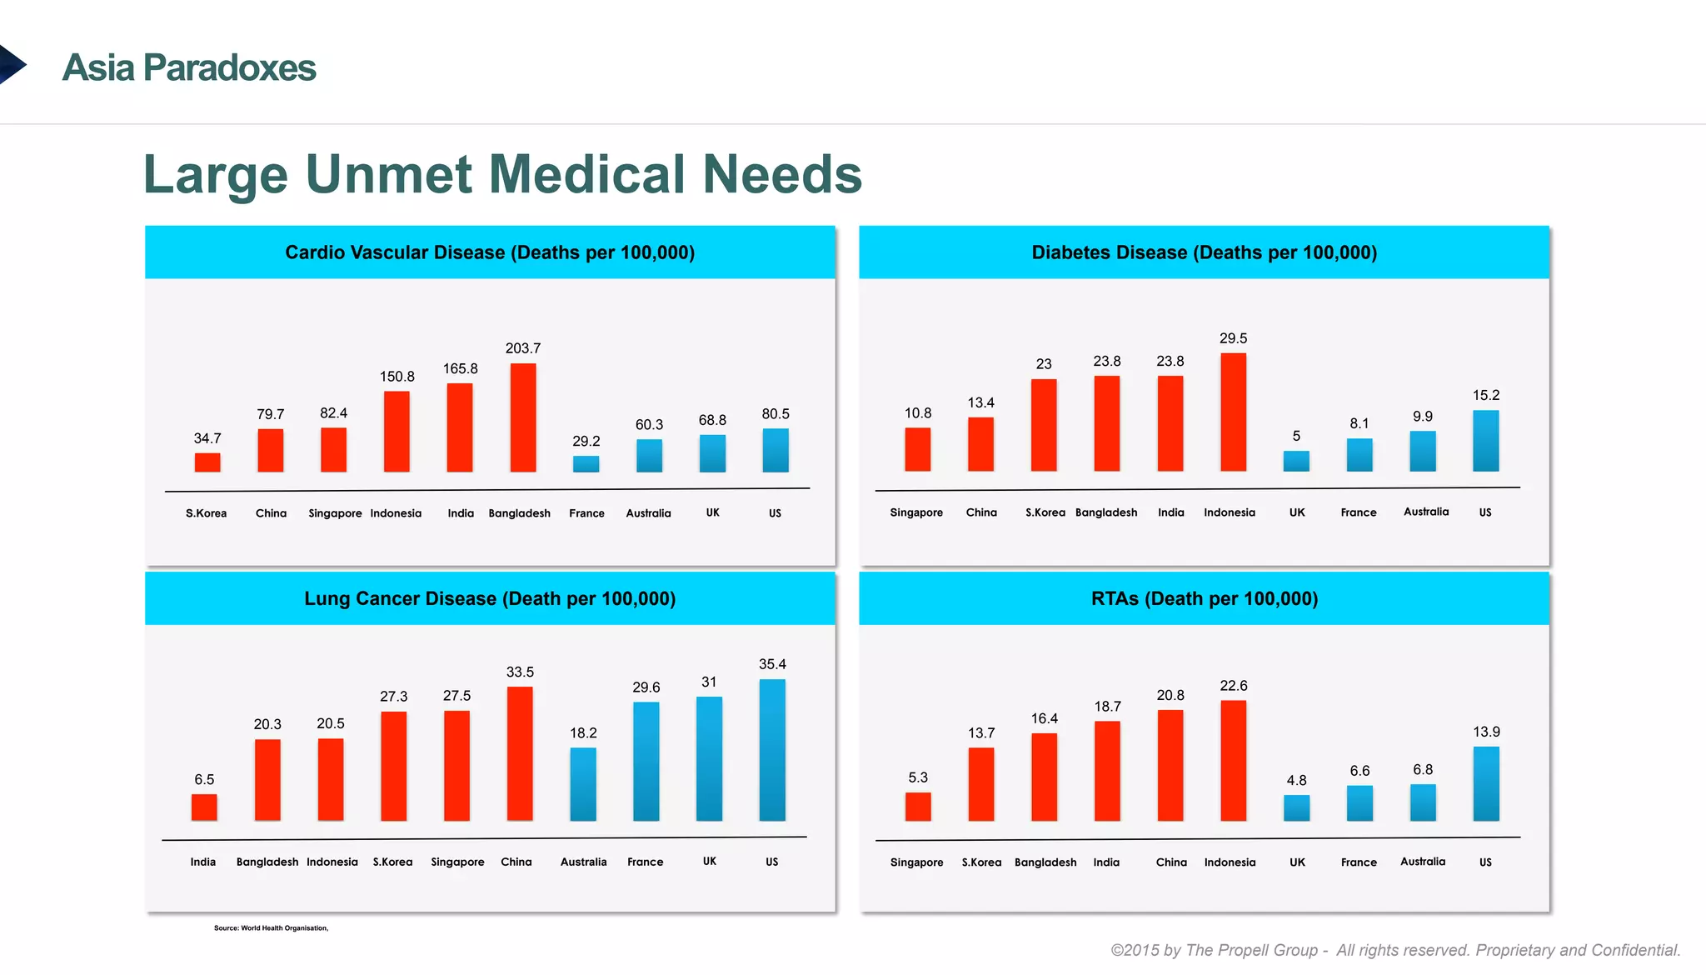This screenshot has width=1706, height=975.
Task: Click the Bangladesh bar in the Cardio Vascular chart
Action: click(523, 417)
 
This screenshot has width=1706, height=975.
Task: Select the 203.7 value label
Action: click(523, 348)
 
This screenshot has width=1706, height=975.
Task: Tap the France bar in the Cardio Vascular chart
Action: click(586, 463)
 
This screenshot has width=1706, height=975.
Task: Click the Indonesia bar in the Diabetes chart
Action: click(1233, 412)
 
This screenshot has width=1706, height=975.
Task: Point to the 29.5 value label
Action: click(1233, 338)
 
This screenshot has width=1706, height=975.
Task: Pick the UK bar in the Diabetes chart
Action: click(1296, 461)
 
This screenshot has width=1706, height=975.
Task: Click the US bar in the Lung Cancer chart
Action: click(772, 750)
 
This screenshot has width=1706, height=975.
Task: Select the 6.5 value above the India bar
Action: click(204, 779)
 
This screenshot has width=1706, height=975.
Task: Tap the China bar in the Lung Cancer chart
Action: click(520, 753)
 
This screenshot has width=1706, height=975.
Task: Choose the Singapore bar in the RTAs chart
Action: click(918, 806)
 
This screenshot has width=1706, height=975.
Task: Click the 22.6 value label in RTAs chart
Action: click(1233, 686)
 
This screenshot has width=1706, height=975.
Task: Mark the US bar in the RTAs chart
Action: click(1486, 783)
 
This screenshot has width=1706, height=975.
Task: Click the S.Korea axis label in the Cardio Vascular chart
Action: click(206, 513)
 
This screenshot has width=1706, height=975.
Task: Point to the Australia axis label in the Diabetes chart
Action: click(1426, 512)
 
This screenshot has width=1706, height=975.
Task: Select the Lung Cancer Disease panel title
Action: click(490, 598)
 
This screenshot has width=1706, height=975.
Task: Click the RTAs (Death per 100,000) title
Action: click(1204, 598)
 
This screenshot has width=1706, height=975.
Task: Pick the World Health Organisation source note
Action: click(271, 927)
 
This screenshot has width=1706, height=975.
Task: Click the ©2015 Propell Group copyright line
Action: click(1395, 950)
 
